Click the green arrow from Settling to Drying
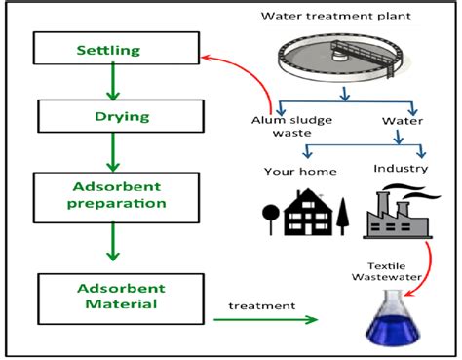113,81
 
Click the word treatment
261,305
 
